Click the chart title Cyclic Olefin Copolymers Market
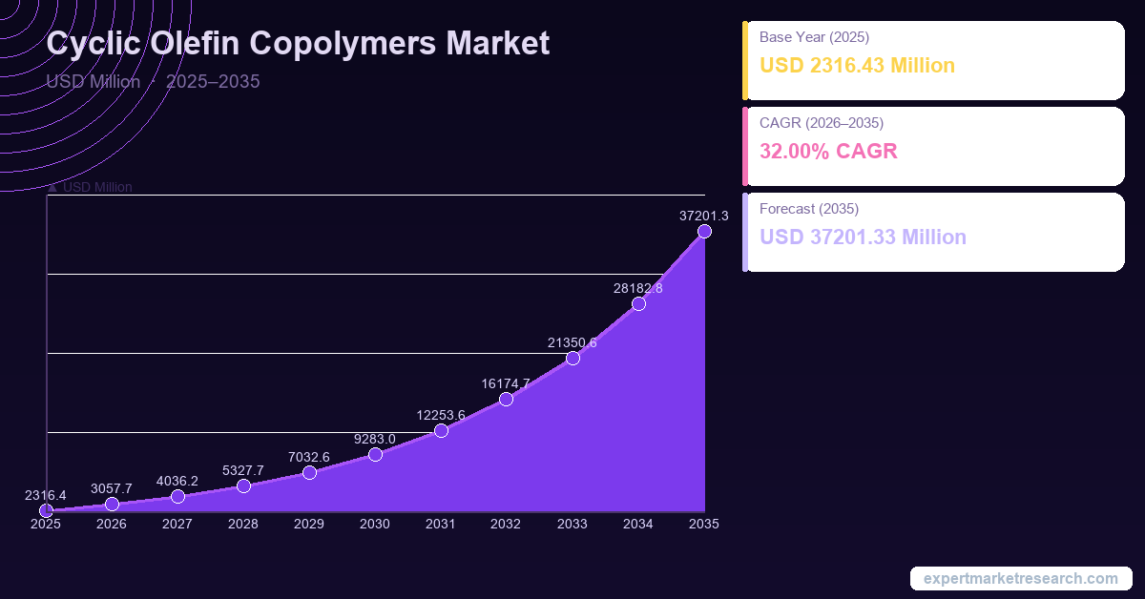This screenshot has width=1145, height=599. pyautogui.click(x=298, y=44)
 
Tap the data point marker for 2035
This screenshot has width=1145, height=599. pyautogui.click(x=704, y=232)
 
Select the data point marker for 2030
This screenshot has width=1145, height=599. pyautogui.click(x=375, y=454)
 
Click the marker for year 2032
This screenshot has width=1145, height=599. pyautogui.click(x=507, y=399)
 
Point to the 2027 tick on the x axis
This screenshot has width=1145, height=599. pyautogui.click(x=177, y=524)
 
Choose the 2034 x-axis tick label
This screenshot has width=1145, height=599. pyautogui.click(x=638, y=524)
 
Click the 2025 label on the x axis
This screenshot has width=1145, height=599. pyautogui.click(x=46, y=524)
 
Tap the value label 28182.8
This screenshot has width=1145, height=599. pyautogui.click(x=638, y=288)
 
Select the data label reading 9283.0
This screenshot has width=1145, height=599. pyautogui.click(x=375, y=439)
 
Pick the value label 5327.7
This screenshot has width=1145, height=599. pyautogui.click(x=243, y=470)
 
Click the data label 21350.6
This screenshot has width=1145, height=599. pyautogui.click(x=572, y=342)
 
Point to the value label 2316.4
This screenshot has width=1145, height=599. pyautogui.click(x=46, y=496)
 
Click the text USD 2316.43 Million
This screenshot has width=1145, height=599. pyautogui.click(x=857, y=66)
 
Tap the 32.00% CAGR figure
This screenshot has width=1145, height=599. pyautogui.click(x=828, y=151)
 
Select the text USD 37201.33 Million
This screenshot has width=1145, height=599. pyautogui.click(x=863, y=237)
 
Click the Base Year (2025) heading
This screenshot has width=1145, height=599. pyautogui.click(x=814, y=37)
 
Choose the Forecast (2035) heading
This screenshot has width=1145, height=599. pyautogui.click(x=809, y=208)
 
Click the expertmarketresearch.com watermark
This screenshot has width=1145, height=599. pyautogui.click(x=1020, y=579)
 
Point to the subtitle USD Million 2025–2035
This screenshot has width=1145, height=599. pyautogui.click(x=153, y=81)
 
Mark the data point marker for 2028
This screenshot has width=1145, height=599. pyautogui.click(x=243, y=486)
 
